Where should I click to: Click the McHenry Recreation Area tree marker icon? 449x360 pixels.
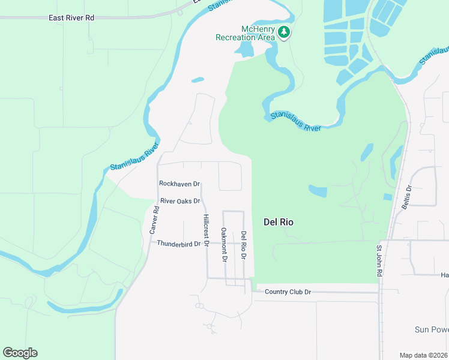click(x=284, y=32)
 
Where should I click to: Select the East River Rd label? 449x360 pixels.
click(x=71, y=18)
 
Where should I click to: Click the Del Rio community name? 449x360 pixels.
click(x=279, y=222)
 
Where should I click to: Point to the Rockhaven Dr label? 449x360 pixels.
click(x=179, y=184)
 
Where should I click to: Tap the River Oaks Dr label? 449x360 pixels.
click(x=179, y=201)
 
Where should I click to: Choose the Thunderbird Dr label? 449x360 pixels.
click(x=178, y=244)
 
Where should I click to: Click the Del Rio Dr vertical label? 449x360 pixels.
click(x=243, y=245)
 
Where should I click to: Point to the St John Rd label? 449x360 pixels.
click(x=379, y=260)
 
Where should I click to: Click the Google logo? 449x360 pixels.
click(x=20, y=353)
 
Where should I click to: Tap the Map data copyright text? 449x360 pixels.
click(x=424, y=355)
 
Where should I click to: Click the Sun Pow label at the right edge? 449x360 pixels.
click(x=431, y=329)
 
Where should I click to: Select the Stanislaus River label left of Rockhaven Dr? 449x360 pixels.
click(x=134, y=157)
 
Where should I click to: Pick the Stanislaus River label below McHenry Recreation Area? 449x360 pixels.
click(x=296, y=121)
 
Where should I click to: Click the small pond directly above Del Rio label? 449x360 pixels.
click(x=318, y=191)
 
